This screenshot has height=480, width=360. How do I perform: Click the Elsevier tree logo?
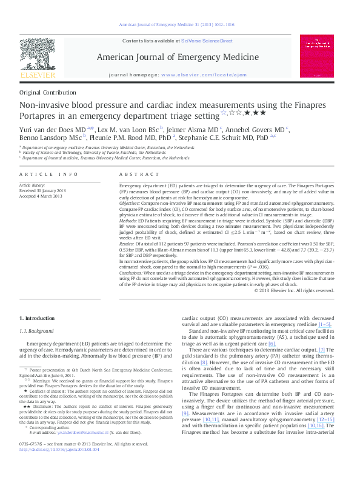tap(38, 58)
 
